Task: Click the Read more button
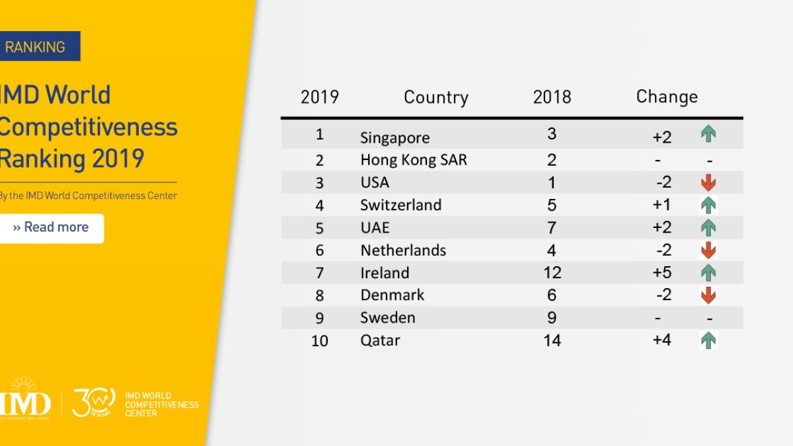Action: pos(52,228)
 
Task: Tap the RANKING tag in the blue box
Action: pos(36,47)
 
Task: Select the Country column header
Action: pos(435,98)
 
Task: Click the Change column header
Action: pos(666,96)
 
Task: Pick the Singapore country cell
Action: pos(395,137)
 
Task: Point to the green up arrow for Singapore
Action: pos(708,135)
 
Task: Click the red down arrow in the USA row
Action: pos(708,183)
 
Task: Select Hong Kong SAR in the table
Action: pos(413,160)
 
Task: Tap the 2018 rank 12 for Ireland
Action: pos(552,272)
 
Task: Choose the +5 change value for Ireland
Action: pos(661,272)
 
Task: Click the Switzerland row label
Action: pos(400,205)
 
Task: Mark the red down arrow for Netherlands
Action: pos(708,250)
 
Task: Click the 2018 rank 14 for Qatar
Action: pos(552,340)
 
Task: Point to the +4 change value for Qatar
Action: pos(661,340)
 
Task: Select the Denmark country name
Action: pos(392,295)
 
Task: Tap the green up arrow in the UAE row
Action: pos(708,227)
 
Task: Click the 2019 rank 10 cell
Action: pos(320,341)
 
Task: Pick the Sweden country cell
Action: pos(387,317)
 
